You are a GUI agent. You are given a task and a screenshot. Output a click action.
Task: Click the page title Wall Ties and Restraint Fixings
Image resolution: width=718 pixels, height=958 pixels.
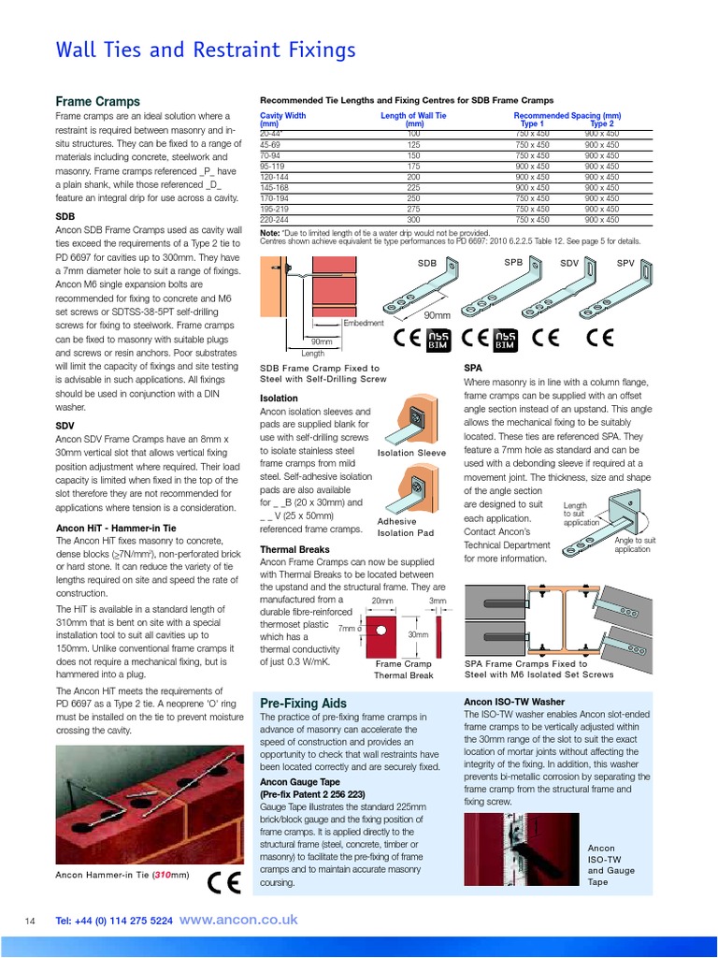pyautogui.click(x=206, y=50)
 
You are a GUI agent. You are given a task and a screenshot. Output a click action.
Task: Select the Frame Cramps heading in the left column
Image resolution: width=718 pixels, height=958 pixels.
pyautogui.click(x=98, y=101)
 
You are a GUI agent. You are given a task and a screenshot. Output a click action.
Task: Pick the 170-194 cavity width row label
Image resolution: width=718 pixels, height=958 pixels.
pyautogui.click(x=275, y=198)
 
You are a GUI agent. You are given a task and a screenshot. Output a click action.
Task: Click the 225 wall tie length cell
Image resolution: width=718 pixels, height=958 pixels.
pyautogui.click(x=413, y=187)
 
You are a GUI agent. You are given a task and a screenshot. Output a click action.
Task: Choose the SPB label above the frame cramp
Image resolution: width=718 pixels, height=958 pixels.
pyautogui.click(x=513, y=263)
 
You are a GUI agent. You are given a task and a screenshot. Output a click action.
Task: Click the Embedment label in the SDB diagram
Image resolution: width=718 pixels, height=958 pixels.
pyautogui.click(x=365, y=322)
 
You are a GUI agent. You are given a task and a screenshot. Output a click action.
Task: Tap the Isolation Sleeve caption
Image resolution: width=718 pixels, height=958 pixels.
pyautogui.click(x=411, y=454)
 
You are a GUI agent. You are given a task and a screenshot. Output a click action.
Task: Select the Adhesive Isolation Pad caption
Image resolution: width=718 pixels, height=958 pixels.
pyautogui.click(x=405, y=528)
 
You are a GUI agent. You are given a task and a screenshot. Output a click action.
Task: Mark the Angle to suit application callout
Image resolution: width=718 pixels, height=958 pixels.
pyautogui.click(x=635, y=544)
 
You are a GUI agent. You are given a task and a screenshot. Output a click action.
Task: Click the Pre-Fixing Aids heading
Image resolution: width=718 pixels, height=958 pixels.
pyautogui.click(x=303, y=703)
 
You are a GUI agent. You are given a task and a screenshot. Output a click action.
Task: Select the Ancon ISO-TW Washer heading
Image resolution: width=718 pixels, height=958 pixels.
pyautogui.click(x=513, y=700)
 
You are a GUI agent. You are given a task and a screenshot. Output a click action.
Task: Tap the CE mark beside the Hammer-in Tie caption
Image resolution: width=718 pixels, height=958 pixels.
pyautogui.click(x=223, y=881)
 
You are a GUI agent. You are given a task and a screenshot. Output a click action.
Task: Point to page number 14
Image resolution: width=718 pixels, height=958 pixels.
pyautogui.click(x=29, y=922)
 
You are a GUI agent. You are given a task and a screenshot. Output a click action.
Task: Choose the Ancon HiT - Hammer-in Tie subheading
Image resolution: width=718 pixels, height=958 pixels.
pyautogui.click(x=116, y=528)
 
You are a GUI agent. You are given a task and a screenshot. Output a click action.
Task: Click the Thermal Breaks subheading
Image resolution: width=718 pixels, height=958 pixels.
pyautogui.click(x=294, y=549)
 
